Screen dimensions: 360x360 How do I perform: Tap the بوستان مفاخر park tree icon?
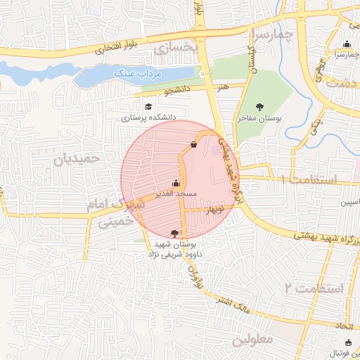point(260,107)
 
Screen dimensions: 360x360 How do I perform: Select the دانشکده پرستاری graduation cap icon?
point(148,107)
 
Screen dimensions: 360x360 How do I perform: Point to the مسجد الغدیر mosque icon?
point(176,183)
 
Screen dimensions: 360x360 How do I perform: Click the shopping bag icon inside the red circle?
point(193,145)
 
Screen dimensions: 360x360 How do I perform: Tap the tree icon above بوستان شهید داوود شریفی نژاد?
point(174,233)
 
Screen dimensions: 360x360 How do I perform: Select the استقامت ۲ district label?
point(314,288)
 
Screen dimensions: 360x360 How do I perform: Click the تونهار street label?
point(212,210)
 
